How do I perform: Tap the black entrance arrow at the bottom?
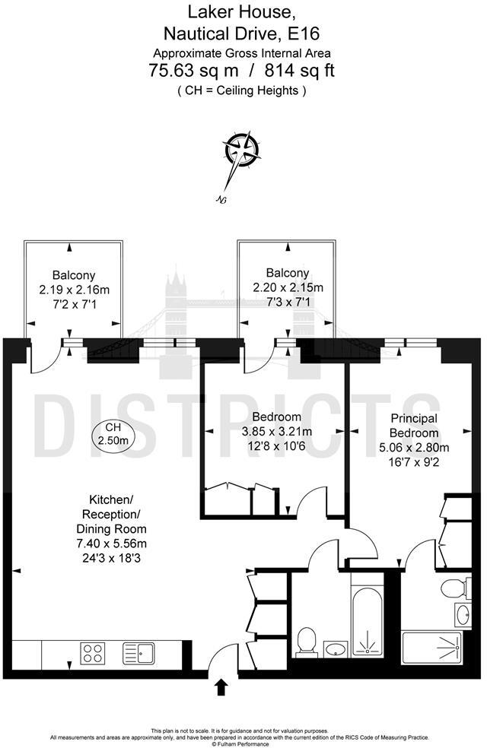(221, 687)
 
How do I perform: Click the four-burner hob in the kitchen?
(93, 653)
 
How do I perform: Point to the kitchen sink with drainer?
(138, 652)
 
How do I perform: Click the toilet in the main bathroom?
(307, 641)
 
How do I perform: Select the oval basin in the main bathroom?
(336, 648)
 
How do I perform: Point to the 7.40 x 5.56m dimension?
(112, 544)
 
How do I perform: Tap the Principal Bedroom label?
(414, 426)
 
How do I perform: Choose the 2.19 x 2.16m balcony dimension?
(75, 290)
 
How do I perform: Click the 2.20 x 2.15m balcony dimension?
(288, 288)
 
